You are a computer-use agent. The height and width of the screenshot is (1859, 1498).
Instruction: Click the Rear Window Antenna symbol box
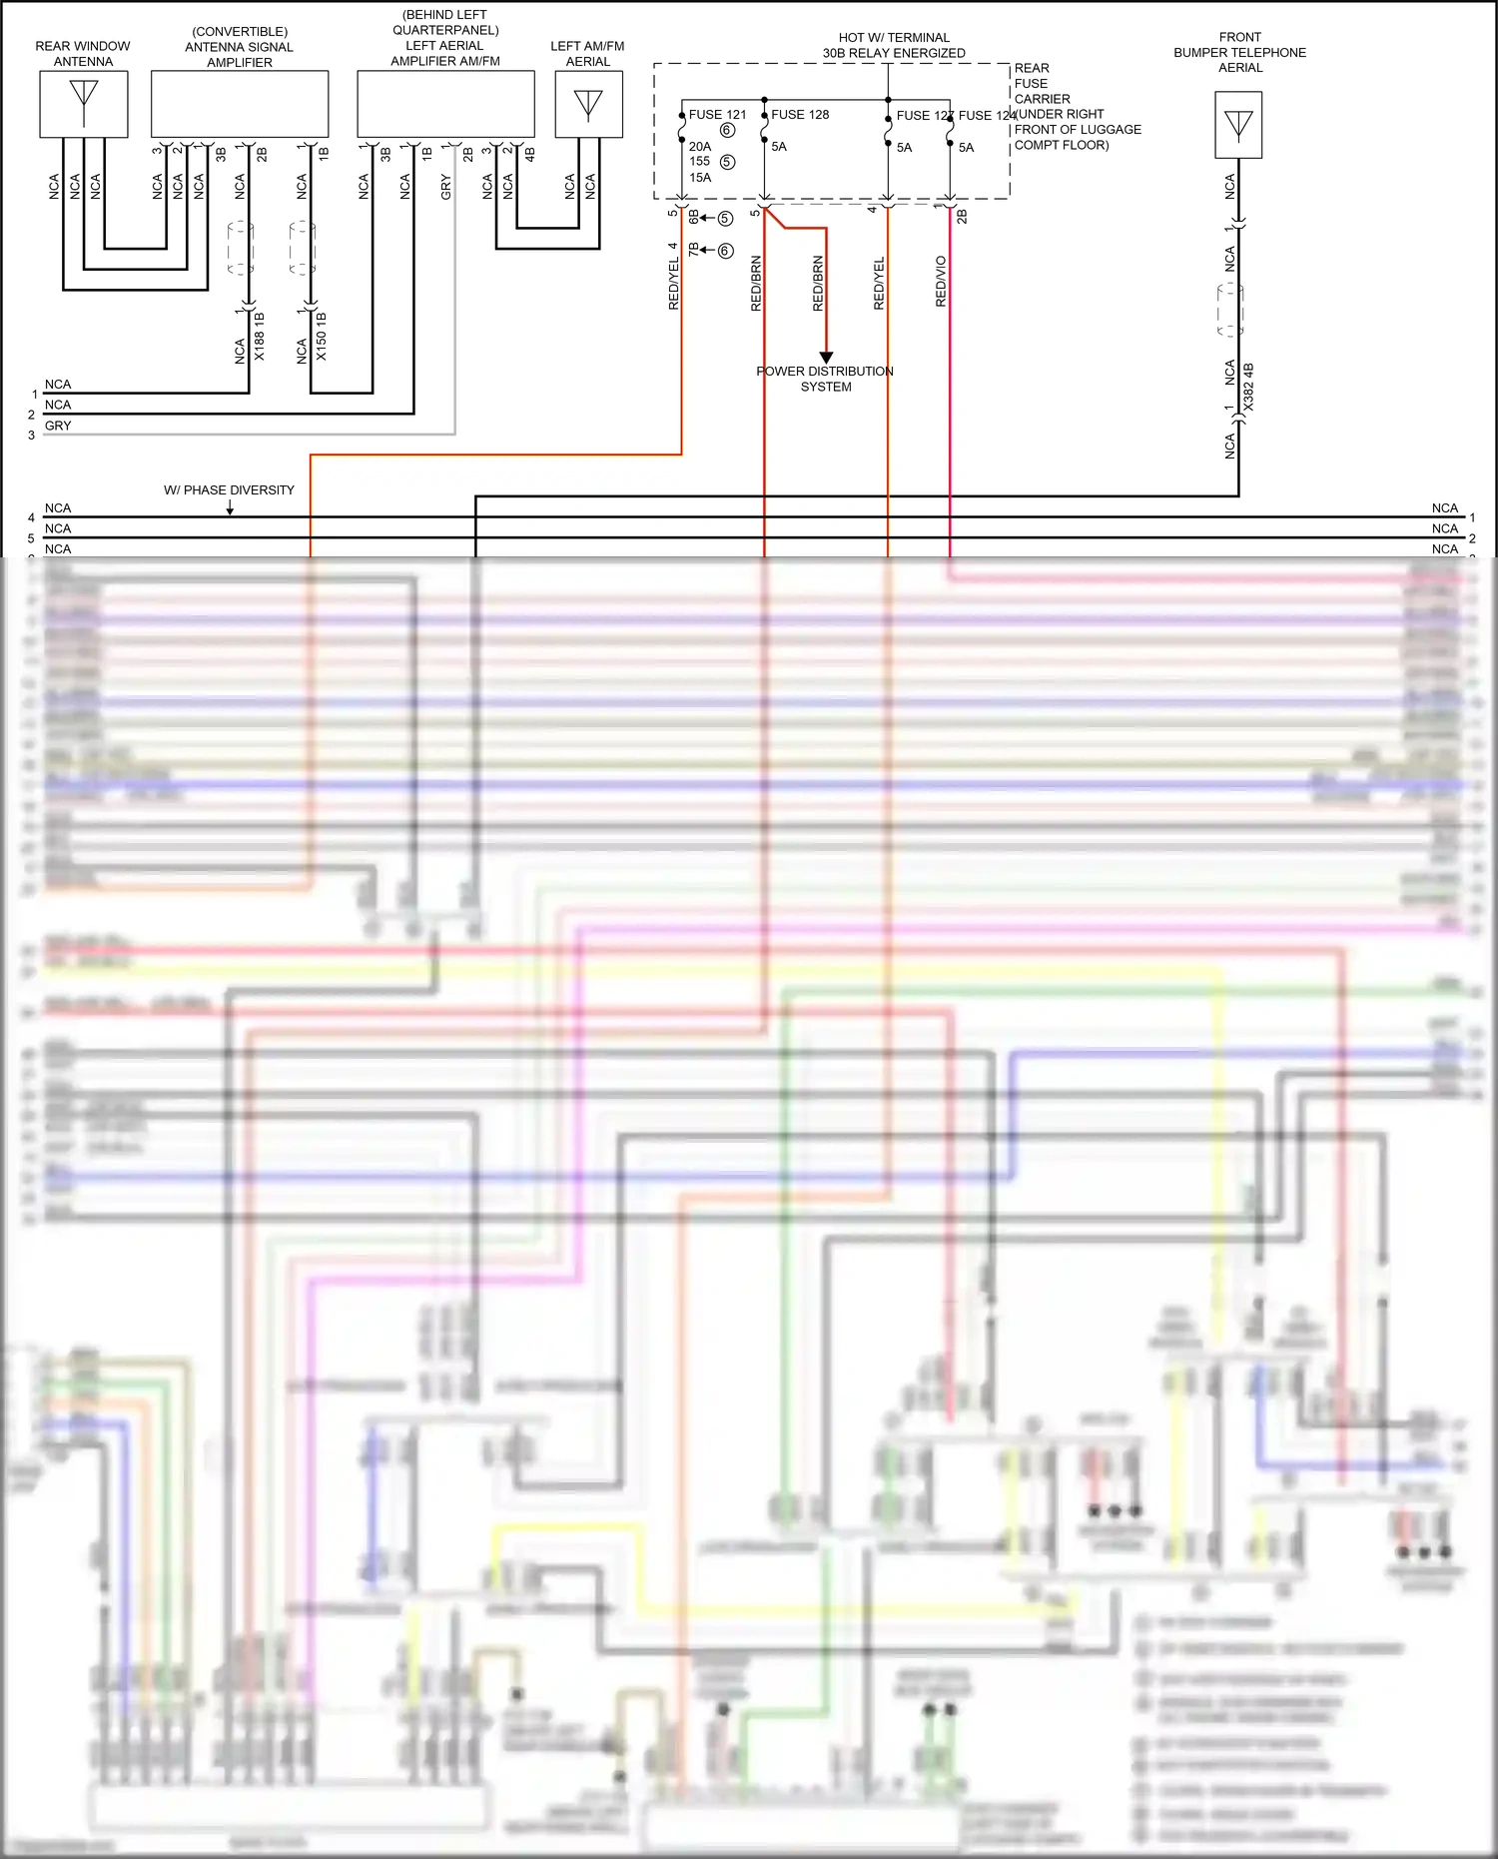click(x=84, y=104)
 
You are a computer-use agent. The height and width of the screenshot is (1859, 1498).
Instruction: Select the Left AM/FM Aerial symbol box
click(x=588, y=104)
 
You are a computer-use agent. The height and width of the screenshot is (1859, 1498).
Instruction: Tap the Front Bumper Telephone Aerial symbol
click(x=1238, y=125)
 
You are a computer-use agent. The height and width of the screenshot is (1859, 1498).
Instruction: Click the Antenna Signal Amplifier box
click(x=240, y=104)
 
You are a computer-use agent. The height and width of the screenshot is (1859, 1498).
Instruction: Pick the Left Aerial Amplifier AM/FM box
click(x=445, y=104)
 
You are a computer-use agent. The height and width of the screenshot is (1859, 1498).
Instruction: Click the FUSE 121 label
click(x=717, y=115)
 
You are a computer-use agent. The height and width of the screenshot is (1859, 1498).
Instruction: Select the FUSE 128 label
click(x=800, y=115)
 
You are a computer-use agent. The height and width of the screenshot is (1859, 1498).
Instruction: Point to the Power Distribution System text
click(x=825, y=379)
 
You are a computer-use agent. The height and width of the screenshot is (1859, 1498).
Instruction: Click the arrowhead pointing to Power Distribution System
click(x=826, y=358)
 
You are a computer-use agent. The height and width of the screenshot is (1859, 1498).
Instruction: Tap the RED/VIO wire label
click(x=941, y=282)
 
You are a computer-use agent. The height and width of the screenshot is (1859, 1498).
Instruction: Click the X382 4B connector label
click(x=1248, y=388)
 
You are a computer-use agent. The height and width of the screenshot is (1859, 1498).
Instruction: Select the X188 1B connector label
click(x=260, y=337)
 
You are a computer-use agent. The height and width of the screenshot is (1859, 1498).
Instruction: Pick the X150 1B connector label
click(x=322, y=337)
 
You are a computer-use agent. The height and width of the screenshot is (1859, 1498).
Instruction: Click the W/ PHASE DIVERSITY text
click(x=229, y=490)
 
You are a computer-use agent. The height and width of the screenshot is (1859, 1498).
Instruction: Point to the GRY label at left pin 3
click(x=58, y=426)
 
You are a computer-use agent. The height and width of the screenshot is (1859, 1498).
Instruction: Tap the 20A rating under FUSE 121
click(x=700, y=147)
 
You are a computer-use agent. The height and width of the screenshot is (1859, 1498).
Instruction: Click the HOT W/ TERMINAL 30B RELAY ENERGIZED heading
click(x=894, y=45)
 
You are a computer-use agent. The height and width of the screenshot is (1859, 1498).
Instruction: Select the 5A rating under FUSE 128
click(x=779, y=147)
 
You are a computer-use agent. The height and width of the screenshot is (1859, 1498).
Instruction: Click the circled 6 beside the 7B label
click(x=726, y=251)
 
